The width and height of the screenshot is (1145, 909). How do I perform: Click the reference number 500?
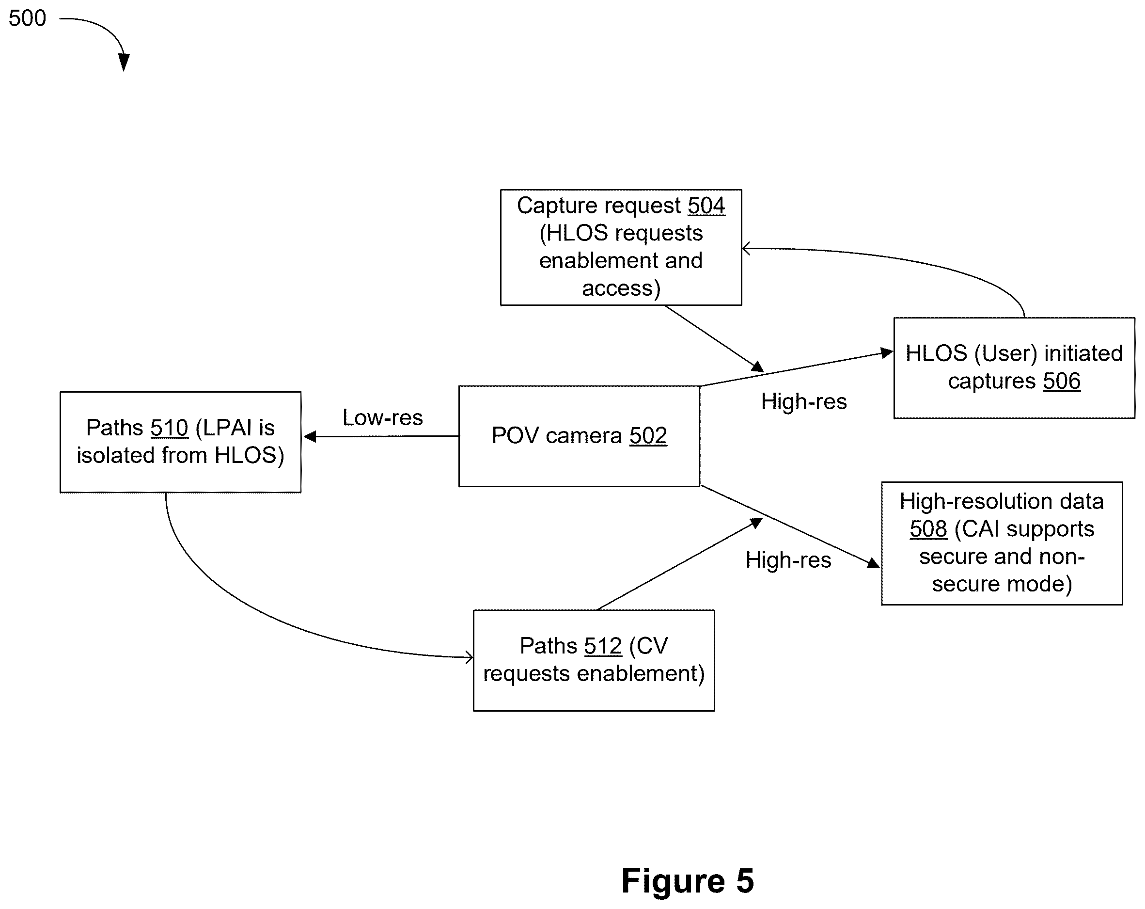tap(27, 18)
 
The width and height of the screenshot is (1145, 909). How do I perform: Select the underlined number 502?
tap(648, 436)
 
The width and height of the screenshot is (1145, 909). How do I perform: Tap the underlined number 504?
tap(706, 206)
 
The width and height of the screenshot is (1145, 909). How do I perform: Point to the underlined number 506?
tap(1062, 381)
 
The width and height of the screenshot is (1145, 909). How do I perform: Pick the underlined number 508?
tap(928, 528)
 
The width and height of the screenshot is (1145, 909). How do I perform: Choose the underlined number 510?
tap(170, 428)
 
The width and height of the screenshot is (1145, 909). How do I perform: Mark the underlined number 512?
tap(603, 646)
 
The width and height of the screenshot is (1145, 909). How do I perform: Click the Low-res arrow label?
tap(382, 417)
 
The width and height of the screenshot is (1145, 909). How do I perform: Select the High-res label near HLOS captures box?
tap(803, 401)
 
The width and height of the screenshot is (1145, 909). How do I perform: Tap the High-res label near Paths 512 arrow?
tap(788, 560)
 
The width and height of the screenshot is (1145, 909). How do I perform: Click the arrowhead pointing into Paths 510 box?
tap(310, 437)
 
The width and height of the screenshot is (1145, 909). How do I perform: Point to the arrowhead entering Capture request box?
tap(746, 248)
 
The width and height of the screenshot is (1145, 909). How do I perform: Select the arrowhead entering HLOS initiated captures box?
tap(887, 353)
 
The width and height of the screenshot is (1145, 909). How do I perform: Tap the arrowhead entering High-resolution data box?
tap(874, 563)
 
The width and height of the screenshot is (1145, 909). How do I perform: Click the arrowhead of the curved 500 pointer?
tap(124, 62)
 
